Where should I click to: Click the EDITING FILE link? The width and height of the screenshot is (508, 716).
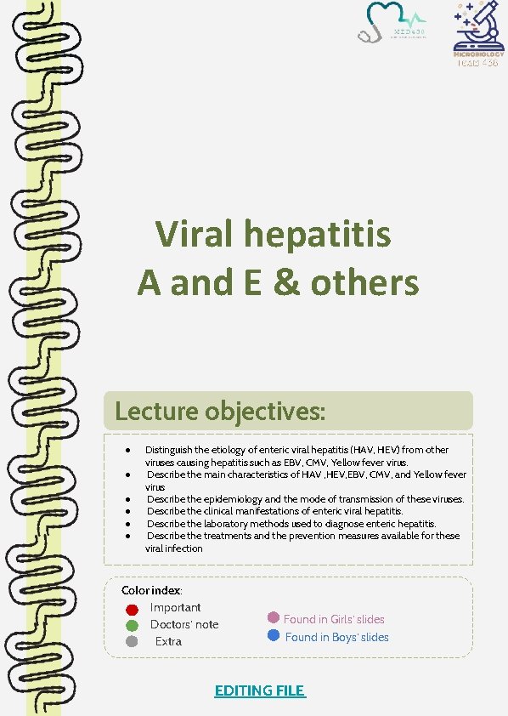pyautogui.click(x=259, y=690)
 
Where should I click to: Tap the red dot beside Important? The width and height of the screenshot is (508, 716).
pyautogui.click(x=132, y=609)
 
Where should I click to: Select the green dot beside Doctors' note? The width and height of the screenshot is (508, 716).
pyautogui.click(x=132, y=625)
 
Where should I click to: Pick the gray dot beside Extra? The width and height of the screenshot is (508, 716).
pyautogui.click(x=132, y=641)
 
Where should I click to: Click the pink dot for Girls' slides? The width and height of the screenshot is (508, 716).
pyautogui.click(x=274, y=618)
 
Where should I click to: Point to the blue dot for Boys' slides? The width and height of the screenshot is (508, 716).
pyautogui.click(x=274, y=635)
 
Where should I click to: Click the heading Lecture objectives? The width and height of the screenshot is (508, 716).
pyautogui.click(x=220, y=412)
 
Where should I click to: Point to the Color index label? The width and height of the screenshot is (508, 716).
pyautogui.click(x=152, y=590)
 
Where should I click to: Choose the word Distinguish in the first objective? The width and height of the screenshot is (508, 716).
pyautogui.click(x=169, y=449)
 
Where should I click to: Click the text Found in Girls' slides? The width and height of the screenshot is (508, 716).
pyautogui.click(x=334, y=619)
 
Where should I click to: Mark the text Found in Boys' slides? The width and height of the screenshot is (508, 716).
pyautogui.click(x=336, y=637)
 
